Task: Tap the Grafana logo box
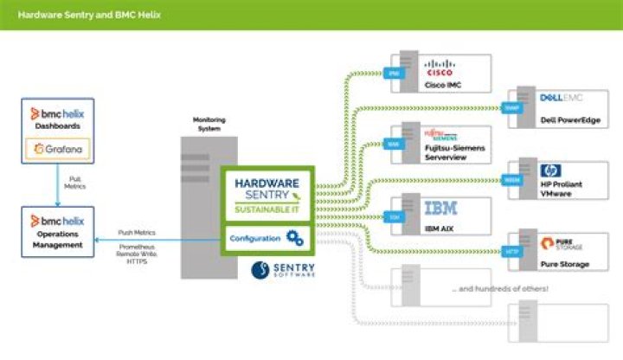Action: pos(57,149)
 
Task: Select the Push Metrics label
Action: pos(138,234)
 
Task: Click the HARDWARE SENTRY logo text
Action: pos(267,190)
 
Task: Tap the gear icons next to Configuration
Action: pos(295,238)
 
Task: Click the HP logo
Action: pos(550,170)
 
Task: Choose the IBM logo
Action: pos(442,209)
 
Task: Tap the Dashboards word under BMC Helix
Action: pos(57,126)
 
